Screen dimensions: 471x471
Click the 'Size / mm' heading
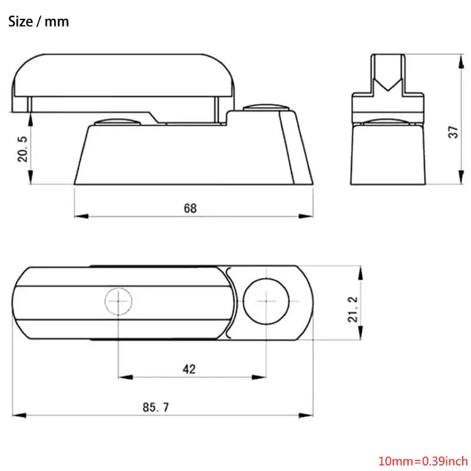pos(38,22)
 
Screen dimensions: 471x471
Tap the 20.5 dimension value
pos(22,149)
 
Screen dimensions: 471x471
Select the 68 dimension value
pos(190,208)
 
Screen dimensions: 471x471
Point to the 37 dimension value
pos(453,132)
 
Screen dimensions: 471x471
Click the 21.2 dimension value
pos(353,310)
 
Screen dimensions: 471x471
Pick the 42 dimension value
pos(189,369)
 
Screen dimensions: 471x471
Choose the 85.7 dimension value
pos(155,407)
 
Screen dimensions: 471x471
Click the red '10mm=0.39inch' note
pos(423,461)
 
